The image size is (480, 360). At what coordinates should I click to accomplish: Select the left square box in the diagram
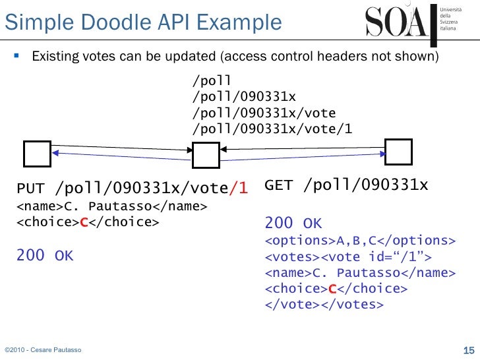pyautogui.click(x=37, y=154)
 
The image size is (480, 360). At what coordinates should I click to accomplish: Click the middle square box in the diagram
pyautogui.click(x=205, y=156)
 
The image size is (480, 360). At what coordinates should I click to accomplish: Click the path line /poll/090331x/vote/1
pyautogui.click(x=272, y=129)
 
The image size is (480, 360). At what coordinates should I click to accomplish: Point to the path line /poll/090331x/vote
pyautogui.click(x=264, y=113)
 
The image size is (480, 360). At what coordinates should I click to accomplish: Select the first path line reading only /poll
pyautogui.click(x=212, y=81)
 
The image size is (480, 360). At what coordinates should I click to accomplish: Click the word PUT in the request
pyautogui.click(x=32, y=189)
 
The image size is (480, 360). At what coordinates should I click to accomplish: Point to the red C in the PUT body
pyautogui.click(x=84, y=222)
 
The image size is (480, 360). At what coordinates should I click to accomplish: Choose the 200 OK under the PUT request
pyautogui.click(x=45, y=255)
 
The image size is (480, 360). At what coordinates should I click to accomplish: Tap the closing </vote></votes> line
pyautogui.click(x=324, y=305)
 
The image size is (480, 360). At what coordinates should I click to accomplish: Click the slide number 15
pyautogui.click(x=469, y=349)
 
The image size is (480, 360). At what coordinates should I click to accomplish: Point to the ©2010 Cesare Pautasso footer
pyautogui.click(x=43, y=349)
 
